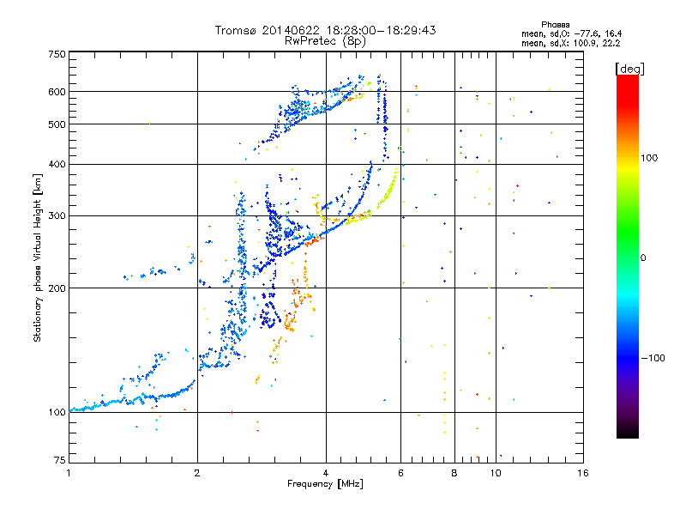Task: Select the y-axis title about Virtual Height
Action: (x=38, y=257)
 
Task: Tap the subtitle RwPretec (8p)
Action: (x=325, y=40)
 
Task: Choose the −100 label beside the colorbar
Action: (x=652, y=358)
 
